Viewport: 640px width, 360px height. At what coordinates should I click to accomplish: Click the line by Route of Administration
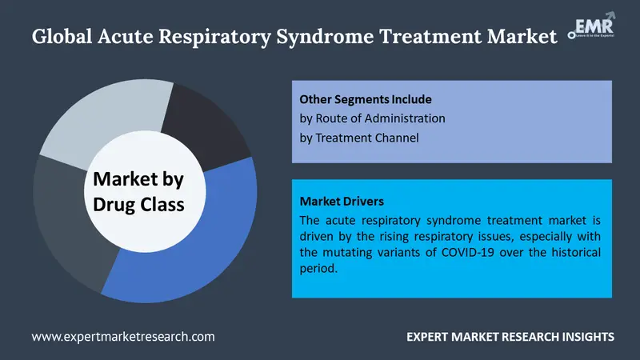(x=372, y=118)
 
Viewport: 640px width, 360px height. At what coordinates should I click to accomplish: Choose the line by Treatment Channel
(x=359, y=138)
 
